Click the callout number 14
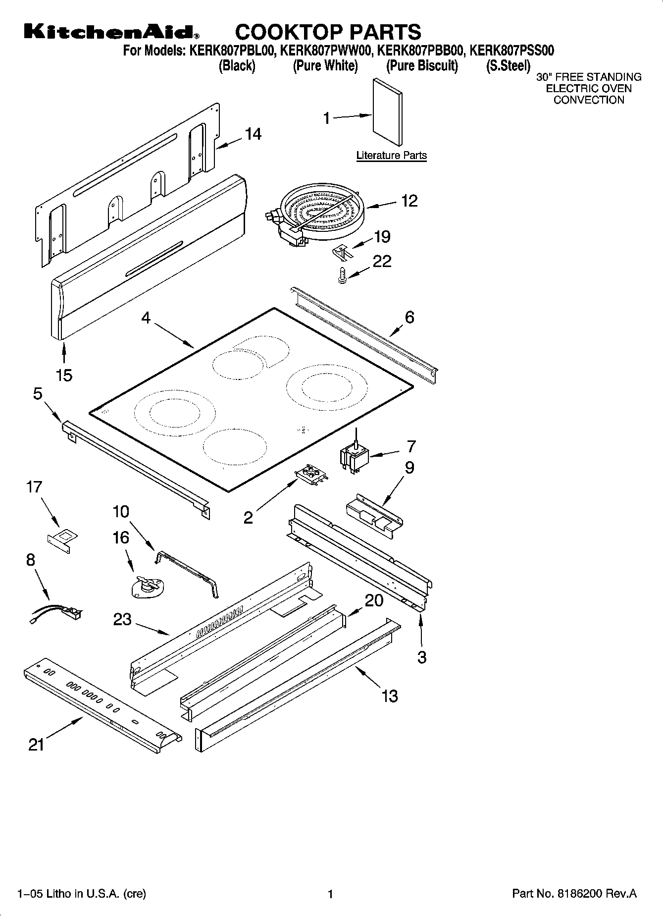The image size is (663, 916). click(253, 134)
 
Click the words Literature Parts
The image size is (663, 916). click(391, 156)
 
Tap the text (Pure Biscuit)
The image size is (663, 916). click(422, 65)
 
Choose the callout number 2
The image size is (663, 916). click(248, 517)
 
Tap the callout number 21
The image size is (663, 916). click(36, 744)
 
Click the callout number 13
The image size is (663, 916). click(390, 696)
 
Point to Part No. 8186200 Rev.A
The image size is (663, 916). click(574, 894)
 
